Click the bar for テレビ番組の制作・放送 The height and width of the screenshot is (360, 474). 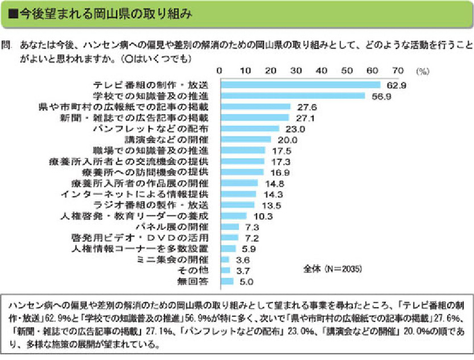(300, 85)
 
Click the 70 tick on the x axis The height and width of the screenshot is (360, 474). (398, 71)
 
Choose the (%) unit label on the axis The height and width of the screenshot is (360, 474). (422, 71)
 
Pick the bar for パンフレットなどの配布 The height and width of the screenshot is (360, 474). (249, 129)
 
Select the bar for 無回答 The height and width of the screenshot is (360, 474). (226, 281)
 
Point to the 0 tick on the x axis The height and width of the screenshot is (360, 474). (220, 71)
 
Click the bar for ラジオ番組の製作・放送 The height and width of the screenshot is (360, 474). (237, 205)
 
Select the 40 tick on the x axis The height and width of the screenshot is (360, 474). (322, 71)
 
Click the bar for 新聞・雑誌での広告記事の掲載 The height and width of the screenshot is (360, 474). (254, 118)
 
